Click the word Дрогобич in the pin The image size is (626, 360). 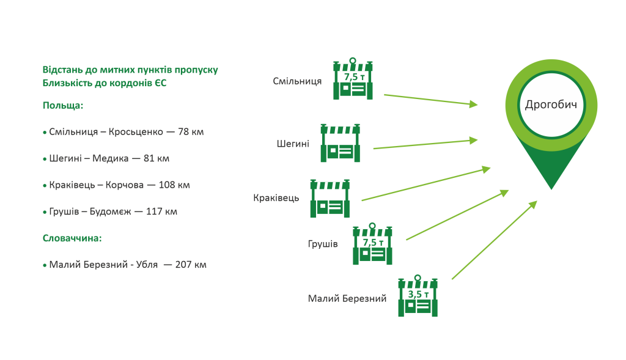551,105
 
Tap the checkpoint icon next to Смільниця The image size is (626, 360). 353,79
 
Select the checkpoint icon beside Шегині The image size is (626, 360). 340,143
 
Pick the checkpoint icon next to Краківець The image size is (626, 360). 330,199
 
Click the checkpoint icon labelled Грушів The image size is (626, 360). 372,244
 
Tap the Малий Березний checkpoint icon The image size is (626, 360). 418,296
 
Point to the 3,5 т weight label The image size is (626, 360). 418,294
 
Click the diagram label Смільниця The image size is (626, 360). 297,81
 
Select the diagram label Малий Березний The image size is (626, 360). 347,298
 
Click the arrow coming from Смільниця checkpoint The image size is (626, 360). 431,100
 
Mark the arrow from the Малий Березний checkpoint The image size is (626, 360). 495,240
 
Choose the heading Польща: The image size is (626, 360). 63,106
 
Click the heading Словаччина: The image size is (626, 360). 72,238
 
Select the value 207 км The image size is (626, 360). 191,265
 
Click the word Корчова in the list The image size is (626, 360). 124,185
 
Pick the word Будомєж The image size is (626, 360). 110,211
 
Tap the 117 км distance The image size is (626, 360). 161,211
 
